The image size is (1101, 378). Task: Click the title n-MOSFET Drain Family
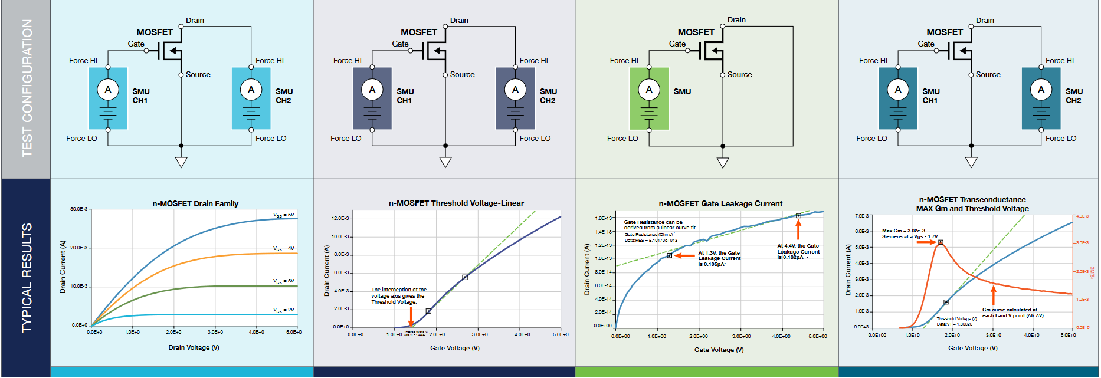195,203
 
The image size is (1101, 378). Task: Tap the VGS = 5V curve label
283,215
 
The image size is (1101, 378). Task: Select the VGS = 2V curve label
283,310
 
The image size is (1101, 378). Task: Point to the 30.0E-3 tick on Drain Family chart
78,209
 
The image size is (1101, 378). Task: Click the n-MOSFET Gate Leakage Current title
720,203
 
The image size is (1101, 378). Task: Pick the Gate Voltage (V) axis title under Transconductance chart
972,348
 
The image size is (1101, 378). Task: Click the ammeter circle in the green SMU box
649,90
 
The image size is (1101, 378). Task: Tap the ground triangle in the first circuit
181,162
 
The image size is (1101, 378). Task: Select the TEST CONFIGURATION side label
27,88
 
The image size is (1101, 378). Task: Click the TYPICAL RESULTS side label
27,278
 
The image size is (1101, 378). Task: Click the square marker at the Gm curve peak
941,242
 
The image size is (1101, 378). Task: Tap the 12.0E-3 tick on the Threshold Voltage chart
340,218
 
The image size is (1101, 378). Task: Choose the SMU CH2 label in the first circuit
284,96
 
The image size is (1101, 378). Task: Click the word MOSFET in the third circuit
696,32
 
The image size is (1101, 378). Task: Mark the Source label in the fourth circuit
988,75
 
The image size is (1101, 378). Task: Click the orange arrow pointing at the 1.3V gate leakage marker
685,255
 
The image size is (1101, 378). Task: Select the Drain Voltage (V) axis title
194,347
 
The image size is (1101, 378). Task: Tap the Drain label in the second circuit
459,21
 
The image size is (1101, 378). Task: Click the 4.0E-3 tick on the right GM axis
1082,216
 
